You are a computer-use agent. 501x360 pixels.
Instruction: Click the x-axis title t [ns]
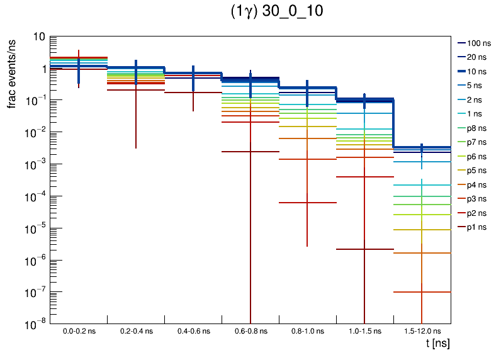click(437, 344)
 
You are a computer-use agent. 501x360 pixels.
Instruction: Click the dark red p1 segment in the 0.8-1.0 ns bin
click(307, 203)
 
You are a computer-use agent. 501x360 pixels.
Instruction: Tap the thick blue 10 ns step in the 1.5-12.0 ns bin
click(422, 147)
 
